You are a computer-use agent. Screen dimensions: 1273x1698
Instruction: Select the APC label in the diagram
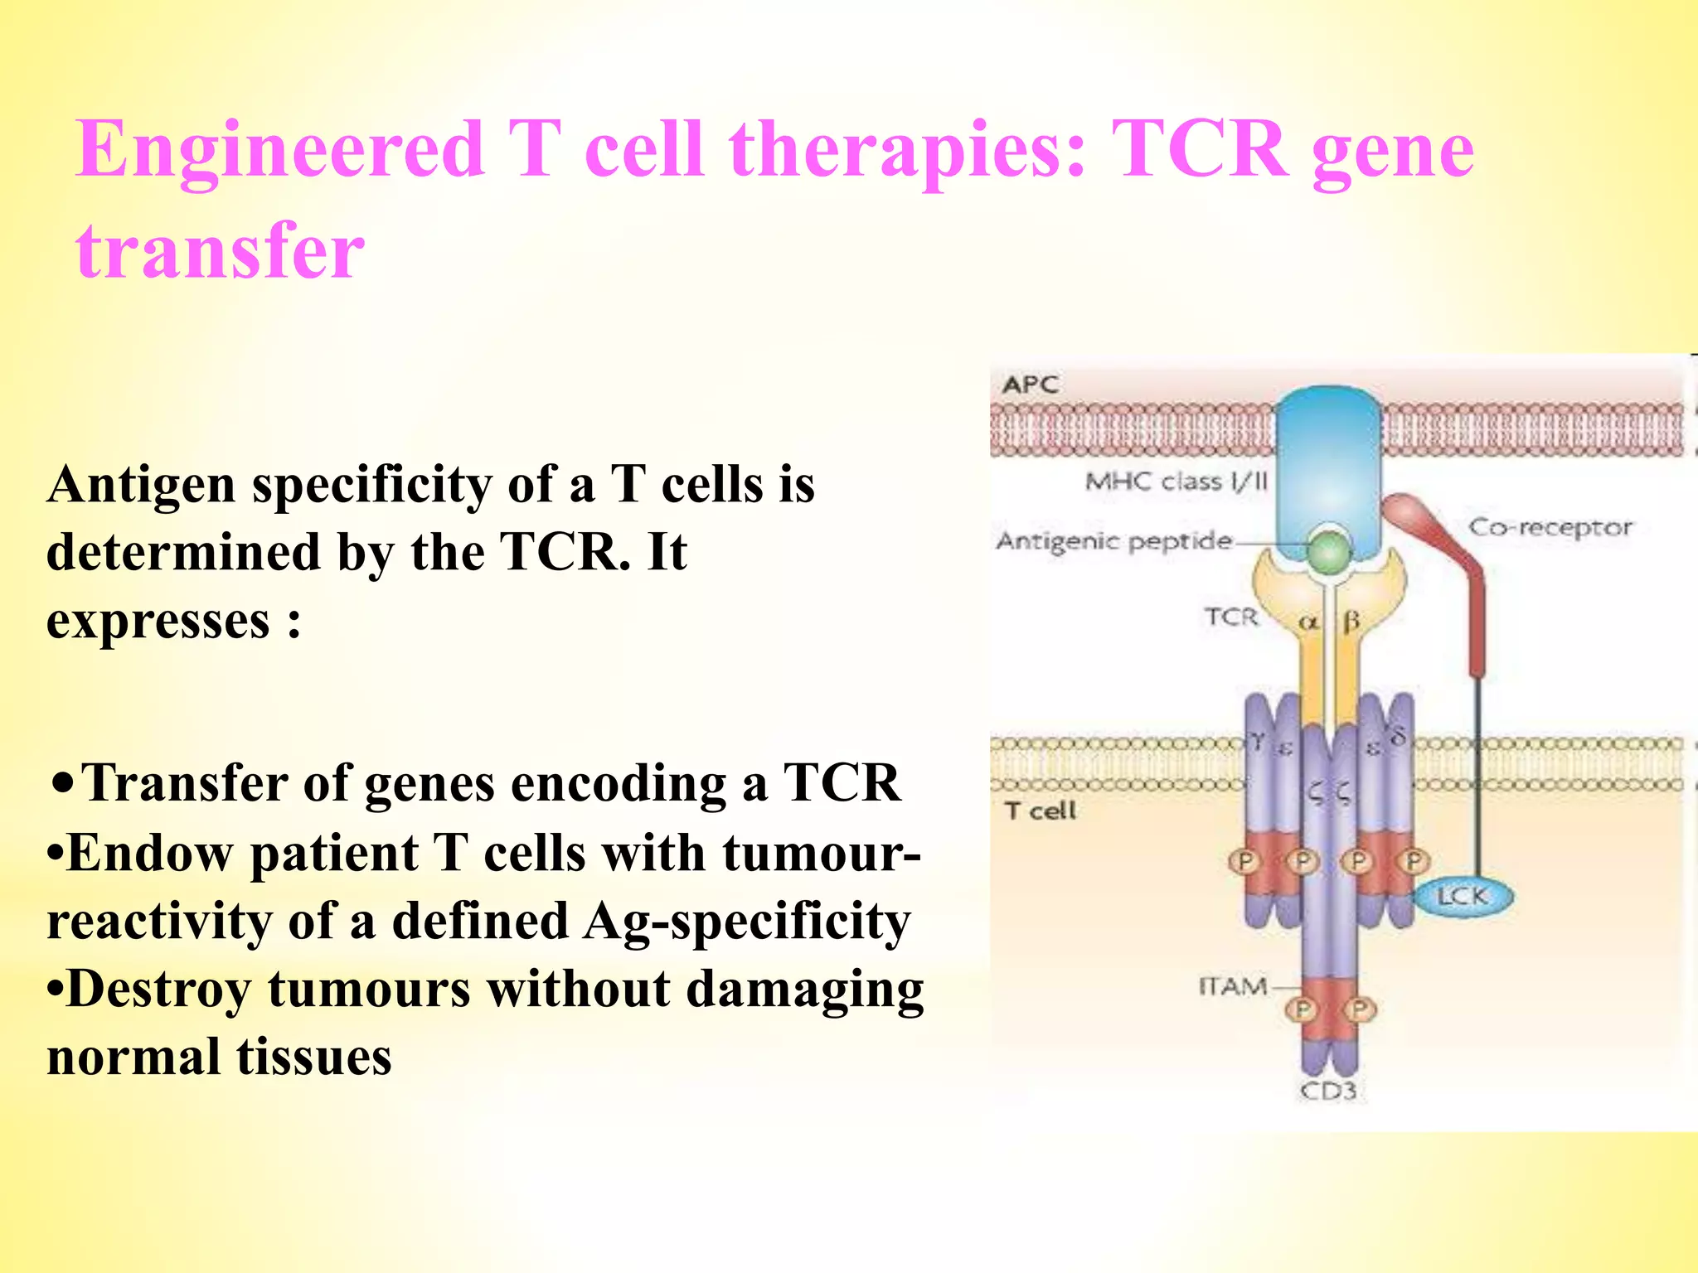pyautogui.click(x=1030, y=385)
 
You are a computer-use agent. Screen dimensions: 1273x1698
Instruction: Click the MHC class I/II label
pyautogui.click(x=1176, y=482)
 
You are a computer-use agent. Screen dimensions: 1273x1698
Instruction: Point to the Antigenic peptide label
pyautogui.click(x=1113, y=541)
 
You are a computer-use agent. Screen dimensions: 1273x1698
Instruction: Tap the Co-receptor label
pyautogui.click(x=1550, y=527)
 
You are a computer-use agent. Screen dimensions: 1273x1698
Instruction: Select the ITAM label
pyautogui.click(x=1232, y=986)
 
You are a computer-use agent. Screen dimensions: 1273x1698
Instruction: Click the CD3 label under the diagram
pyautogui.click(x=1327, y=1091)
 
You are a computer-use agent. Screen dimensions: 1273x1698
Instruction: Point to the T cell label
pyautogui.click(x=1040, y=810)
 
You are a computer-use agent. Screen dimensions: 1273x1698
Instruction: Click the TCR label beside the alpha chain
pyautogui.click(x=1231, y=617)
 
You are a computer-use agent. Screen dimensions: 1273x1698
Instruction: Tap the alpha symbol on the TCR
pyautogui.click(x=1307, y=622)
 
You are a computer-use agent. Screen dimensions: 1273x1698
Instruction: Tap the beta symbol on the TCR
pyautogui.click(x=1351, y=621)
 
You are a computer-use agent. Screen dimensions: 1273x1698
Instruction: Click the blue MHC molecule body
pyautogui.click(x=1327, y=464)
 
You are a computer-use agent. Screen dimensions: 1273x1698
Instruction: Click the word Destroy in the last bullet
pyautogui.click(x=158, y=989)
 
